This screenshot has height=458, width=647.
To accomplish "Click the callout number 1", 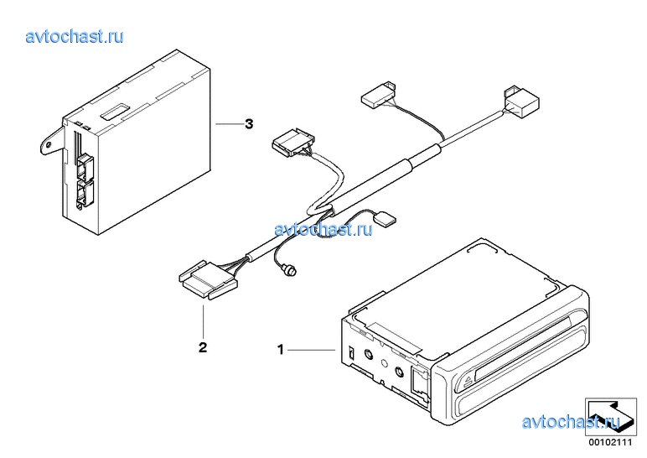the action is tap(281, 350).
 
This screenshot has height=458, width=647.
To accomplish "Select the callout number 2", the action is tap(203, 347).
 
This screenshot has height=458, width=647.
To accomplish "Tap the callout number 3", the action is tap(249, 123).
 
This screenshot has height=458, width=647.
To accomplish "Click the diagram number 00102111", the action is tap(610, 443).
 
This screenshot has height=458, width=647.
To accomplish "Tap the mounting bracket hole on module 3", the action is tap(49, 144).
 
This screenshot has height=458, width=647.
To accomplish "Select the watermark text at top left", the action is tap(75, 36).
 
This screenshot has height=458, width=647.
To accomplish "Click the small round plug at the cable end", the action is tap(292, 271).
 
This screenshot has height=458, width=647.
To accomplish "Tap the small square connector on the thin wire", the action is tap(385, 217).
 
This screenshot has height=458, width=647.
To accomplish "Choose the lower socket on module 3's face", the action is tap(84, 193).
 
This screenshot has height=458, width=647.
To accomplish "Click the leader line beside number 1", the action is tap(311, 351).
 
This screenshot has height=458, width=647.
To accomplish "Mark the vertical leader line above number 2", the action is tap(203, 321).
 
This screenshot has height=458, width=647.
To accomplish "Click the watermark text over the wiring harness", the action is tap(323, 229).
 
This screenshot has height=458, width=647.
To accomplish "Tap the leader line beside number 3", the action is tap(228, 123).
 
